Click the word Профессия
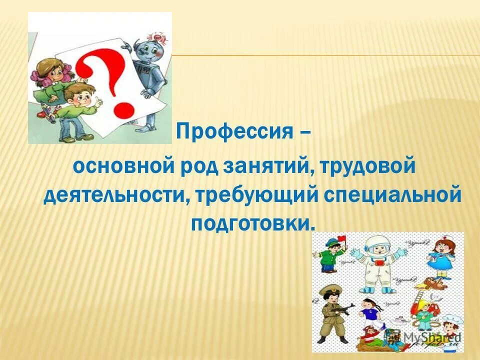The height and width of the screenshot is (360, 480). pyautogui.click(x=234, y=132)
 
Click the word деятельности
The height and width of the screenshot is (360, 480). pyautogui.click(x=113, y=195)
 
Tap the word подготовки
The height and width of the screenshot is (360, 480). pyautogui.click(x=252, y=223)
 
